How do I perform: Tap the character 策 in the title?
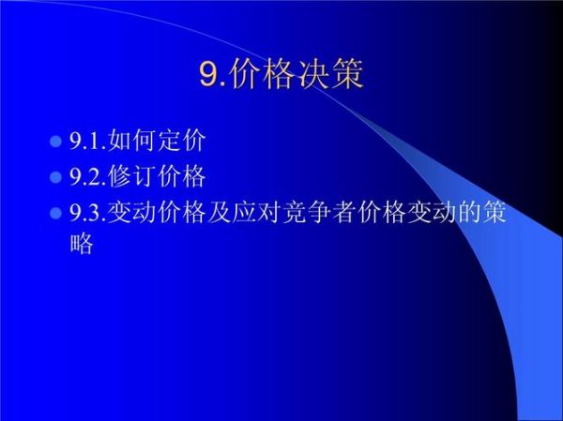click(x=347, y=74)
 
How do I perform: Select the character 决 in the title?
click(x=313, y=74)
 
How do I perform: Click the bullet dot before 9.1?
click(x=53, y=143)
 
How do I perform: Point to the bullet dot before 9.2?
click(x=53, y=177)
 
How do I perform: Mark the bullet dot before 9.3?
click(x=53, y=213)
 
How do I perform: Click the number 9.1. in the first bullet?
click(x=88, y=143)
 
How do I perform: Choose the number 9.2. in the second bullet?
click(x=88, y=177)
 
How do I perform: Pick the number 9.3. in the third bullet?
click(x=88, y=213)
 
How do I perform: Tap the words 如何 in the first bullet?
click(x=132, y=142)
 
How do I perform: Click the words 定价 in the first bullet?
click(x=181, y=142)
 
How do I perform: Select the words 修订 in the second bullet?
click(x=132, y=176)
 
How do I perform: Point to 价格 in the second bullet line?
click(x=181, y=176)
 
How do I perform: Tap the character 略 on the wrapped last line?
click(x=82, y=246)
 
